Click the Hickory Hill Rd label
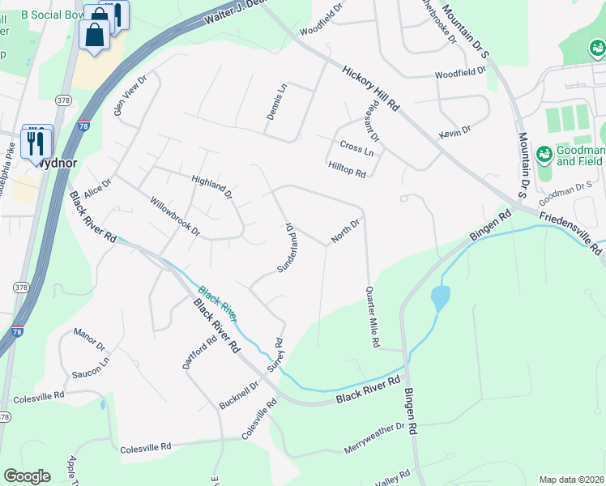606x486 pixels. tap(371, 88)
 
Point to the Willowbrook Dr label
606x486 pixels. tap(173, 215)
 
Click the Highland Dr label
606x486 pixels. tap(212, 187)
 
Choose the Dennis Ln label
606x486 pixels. tap(276, 102)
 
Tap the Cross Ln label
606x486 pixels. tap(357, 151)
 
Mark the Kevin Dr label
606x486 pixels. tap(454, 131)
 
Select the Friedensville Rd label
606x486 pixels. tap(570, 232)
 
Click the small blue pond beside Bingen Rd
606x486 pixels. tap(440, 298)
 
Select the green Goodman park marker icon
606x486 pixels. tap(544, 152)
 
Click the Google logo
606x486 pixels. tap(28, 476)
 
